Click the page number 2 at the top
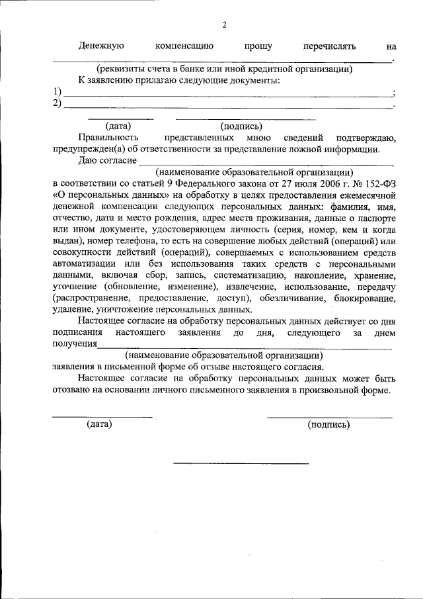point(224,25)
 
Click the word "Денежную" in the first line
point(102,46)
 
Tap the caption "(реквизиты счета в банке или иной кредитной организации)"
point(224,69)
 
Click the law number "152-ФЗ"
point(377,184)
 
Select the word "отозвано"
point(72,390)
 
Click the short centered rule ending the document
point(241,463)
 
